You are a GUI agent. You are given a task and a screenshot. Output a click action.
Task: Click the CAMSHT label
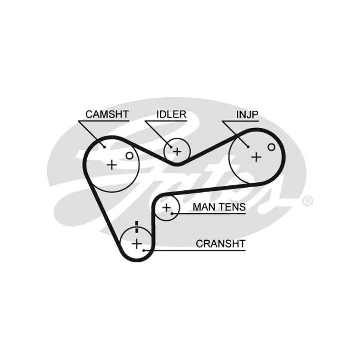pos(107,114)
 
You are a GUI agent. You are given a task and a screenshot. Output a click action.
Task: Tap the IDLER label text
pos(171,114)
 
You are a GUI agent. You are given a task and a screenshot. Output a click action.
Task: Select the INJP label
pos(247,114)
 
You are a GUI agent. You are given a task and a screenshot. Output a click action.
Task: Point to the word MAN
pos(204,207)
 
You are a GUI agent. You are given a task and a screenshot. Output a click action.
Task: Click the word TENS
pos(232,207)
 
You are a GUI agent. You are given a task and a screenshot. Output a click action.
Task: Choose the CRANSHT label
pos(220,243)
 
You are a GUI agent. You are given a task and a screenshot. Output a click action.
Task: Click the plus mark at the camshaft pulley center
pos(112,165)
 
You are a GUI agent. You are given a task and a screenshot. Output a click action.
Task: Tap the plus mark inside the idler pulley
pos(177,152)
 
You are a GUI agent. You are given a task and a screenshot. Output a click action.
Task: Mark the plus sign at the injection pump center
pos(256,157)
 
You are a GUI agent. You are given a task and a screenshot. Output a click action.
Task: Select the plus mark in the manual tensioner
pos(166,207)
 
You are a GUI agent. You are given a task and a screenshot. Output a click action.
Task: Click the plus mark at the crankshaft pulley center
pos(137,243)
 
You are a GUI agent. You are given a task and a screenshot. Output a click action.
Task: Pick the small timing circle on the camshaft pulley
pos(130,156)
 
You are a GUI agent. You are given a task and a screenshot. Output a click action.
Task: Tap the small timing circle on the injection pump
pos(271,147)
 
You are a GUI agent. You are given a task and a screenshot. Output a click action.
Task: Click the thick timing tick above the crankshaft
pos(137,227)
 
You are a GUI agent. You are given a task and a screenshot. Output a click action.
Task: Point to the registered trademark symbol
pos(307,201)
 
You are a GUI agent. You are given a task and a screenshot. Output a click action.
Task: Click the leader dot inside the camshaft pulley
pos(104,147)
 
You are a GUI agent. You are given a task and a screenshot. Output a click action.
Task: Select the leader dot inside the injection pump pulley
pos(248,147)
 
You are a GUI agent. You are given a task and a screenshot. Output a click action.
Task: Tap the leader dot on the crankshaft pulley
pos(144,250)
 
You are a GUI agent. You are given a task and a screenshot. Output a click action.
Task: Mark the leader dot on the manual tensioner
pos(172,214)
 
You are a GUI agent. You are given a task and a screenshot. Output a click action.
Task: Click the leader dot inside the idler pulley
pos(171,147)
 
